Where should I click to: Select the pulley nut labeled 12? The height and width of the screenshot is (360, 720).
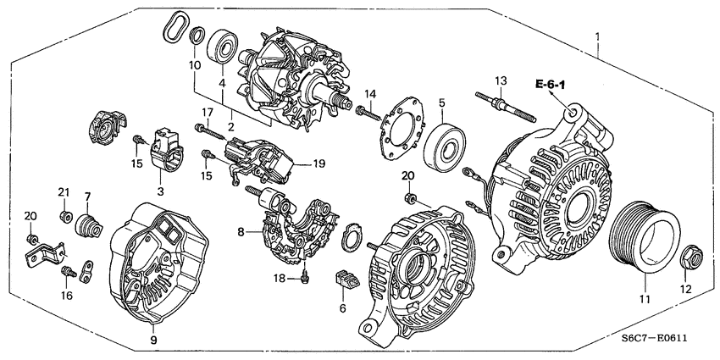pos(686,255)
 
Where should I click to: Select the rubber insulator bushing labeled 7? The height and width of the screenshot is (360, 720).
pos(87,228)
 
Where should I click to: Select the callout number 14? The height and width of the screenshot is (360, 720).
pos(369,93)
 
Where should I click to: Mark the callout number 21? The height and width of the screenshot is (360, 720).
pos(63,194)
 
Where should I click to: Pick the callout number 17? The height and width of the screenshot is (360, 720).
pos(207,113)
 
